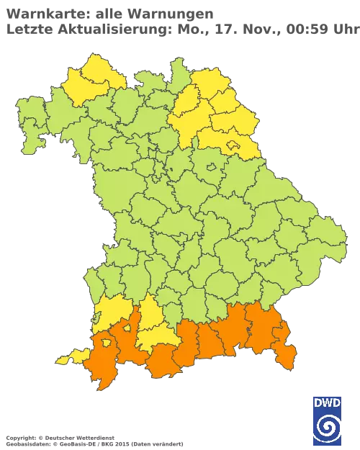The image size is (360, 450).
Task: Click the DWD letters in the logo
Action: pyautogui.click(x=328, y=403)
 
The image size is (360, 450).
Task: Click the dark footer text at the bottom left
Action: pyautogui.click(x=58, y=438)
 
